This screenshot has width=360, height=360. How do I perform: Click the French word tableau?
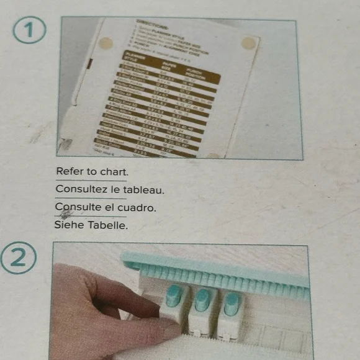(x=144, y=189)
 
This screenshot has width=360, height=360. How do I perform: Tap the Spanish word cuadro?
(x=137, y=207)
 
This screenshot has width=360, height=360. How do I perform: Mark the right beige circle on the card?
(x=248, y=43)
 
